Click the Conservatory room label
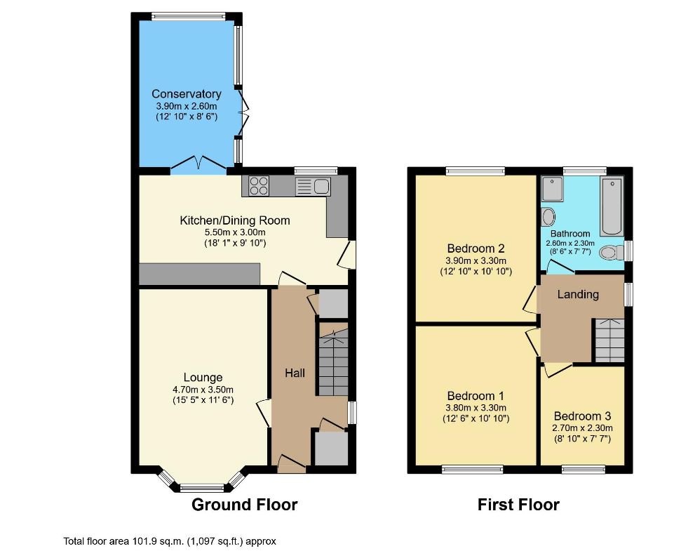tap(187, 94)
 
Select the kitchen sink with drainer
tap(313, 186)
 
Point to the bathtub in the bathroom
tap(612, 206)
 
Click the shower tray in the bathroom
tap(553, 189)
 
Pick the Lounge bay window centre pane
tap(202, 488)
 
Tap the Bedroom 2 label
tap(476, 248)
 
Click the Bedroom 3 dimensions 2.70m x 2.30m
tap(582, 428)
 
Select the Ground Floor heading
tap(244, 505)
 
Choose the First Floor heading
tap(518, 505)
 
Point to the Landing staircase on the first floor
tap(609, 340)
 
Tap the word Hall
tap(295, 373)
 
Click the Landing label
tap(578, 294)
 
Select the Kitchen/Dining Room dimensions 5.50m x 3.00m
tap(235, 232)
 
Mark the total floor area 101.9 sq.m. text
tap(170, 541)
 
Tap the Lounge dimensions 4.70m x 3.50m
tap(203, 390)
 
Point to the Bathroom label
tap(570, 234)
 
